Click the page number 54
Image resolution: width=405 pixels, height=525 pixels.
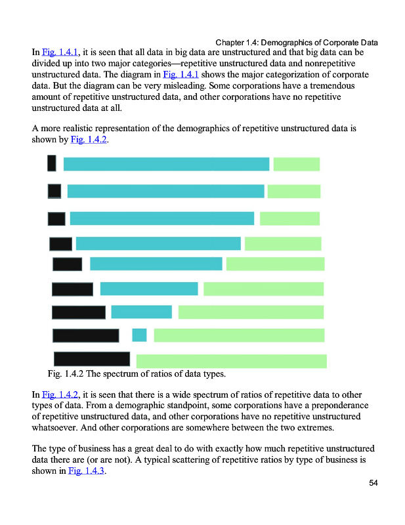tap(373, 483)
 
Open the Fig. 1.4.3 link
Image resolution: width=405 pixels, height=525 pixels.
tap(87, 472)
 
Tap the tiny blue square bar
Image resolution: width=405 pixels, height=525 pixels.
tap(139, 335)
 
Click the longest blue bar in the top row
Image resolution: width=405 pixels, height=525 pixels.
tap(166, 164)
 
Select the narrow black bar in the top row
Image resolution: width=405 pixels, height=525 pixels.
tap(51, 163)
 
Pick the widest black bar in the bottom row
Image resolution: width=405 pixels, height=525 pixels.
tap(91, 359)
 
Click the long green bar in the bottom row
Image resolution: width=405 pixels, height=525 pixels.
tap(231, 361)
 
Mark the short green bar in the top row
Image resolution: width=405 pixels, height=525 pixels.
tap(296, 164)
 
